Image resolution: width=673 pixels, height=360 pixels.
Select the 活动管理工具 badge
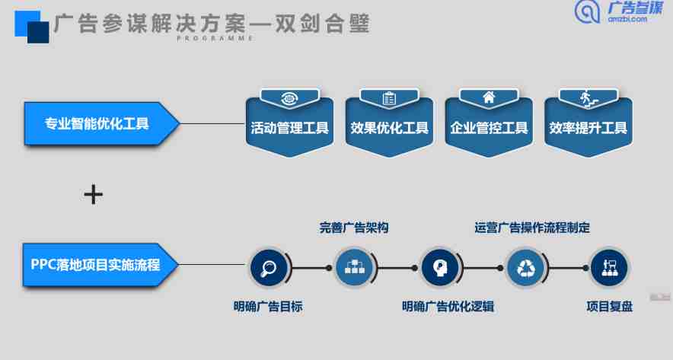(290, 123)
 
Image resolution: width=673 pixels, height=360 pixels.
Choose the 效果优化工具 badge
(389, 123)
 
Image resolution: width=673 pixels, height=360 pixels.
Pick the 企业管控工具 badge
(489, 123)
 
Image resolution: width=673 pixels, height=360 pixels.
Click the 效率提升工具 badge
(588, 123)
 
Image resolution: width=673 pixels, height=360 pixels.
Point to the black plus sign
(94, 195)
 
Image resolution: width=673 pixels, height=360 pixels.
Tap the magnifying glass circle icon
(269, 268)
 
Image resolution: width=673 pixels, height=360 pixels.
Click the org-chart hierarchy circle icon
(354, 268)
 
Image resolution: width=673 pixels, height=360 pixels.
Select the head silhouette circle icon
(440, 268)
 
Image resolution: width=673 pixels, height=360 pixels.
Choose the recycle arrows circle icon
(525, 268)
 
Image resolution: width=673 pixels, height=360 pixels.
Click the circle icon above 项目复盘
(610, 268)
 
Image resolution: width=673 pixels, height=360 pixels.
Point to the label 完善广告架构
(354, 228)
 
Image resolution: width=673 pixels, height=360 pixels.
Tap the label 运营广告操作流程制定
(532, 228)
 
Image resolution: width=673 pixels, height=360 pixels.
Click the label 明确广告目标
(268, 307)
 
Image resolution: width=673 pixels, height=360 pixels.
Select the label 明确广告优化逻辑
(448, 307)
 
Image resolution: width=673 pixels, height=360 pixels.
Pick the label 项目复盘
(610, 307)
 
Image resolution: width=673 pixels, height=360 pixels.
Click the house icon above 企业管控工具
(489, 98)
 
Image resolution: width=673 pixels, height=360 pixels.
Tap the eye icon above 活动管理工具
(290, 99)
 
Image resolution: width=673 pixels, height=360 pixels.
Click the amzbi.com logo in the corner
(619, 12)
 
